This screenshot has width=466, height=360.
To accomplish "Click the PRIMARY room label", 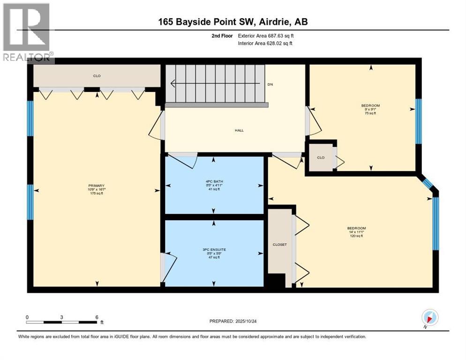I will (96, 186).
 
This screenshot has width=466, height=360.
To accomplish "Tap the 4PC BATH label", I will (214, 181).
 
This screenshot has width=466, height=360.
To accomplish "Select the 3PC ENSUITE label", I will (214, 250).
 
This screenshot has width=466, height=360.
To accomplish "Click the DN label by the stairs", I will (270, 84).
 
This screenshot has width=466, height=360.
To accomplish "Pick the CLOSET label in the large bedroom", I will (279, 244).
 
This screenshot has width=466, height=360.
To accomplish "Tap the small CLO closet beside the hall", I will (321, 157).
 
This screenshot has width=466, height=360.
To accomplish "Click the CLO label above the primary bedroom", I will (97, 75).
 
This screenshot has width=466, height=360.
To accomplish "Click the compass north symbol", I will (430, 317).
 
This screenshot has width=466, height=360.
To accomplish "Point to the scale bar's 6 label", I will (97, 317).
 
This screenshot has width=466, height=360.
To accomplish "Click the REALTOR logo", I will (27, 32).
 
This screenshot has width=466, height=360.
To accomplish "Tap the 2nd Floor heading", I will (221, 36).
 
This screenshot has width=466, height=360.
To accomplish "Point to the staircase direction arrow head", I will (173, 84).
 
